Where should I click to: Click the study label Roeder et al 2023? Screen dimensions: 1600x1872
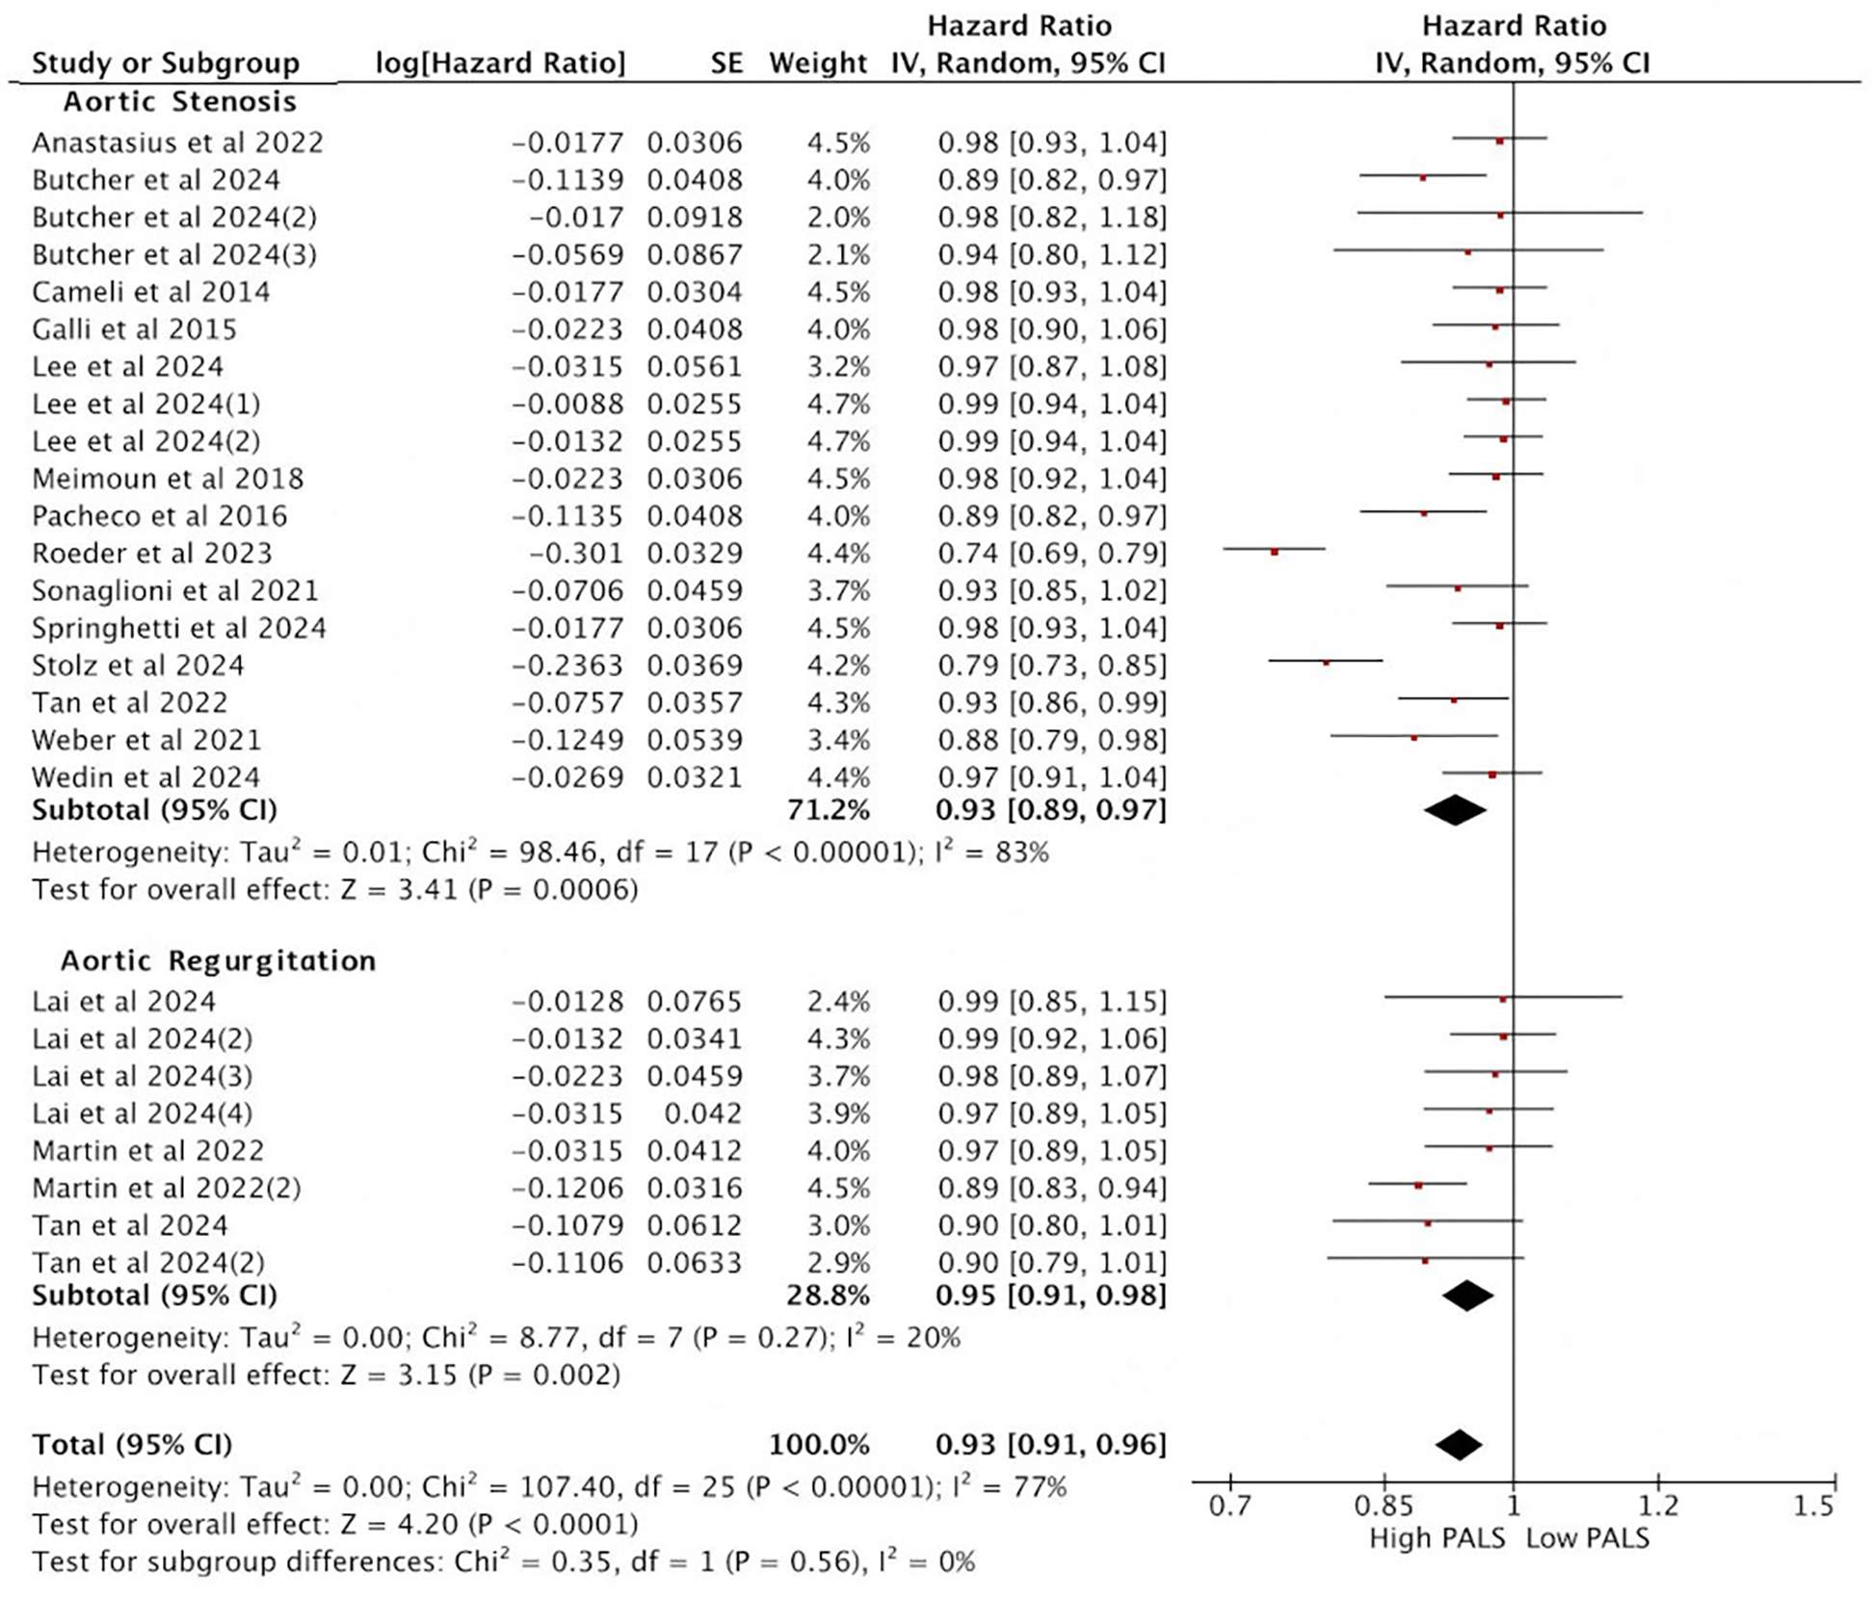(152, 554)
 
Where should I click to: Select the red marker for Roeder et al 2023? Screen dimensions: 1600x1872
(1275, 552)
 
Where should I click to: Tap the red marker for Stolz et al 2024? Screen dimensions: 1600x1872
(1327, 663)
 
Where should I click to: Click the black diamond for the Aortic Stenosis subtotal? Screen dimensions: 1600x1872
(1455, 810)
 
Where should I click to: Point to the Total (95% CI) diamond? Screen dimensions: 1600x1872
(1459, 1444)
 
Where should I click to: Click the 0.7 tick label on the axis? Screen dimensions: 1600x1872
(1230, 1506)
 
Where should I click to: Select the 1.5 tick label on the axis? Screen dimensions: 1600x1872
(1813, 1506)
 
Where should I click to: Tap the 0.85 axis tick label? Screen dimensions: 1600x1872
(1384, 1506)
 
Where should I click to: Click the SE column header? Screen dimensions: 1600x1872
(726, 64)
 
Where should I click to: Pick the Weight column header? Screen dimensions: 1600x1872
(818, 64)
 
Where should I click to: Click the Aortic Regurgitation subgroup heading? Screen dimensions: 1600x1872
(219, 960)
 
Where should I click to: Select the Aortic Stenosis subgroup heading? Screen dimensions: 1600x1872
(180, 101)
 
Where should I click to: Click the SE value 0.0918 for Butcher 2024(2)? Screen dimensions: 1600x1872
(695, 218)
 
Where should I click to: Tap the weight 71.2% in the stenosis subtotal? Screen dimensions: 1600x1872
(829, 810)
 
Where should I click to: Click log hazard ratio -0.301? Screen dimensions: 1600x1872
(576, 554)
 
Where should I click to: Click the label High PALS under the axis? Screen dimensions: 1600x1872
(1437, 1538)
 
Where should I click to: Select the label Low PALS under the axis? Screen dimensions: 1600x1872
(1588, 1538)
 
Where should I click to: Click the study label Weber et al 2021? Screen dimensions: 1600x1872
(146, 741)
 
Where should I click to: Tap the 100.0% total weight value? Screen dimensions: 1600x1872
(819, 1445)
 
